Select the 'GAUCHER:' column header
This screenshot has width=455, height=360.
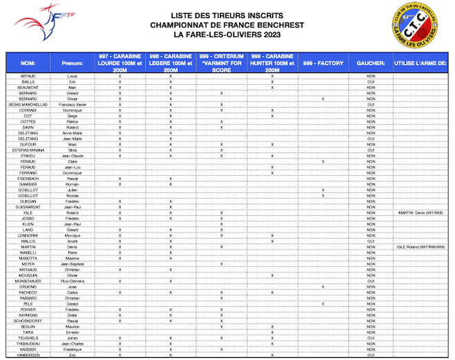[370, 63]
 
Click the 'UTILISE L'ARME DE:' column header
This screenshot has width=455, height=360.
[421, 63]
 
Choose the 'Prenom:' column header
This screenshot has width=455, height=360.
[72, 63]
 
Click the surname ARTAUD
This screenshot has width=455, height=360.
[28, 76]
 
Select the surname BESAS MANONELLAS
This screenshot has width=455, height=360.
[28, 104]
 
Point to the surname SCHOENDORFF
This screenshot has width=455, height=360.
[28, 321]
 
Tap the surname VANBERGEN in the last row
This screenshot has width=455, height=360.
[28, 354]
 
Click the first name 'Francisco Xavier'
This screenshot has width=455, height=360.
[72, 104]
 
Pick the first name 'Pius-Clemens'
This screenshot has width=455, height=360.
[72, 281]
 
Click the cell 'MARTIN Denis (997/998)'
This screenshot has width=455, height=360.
[421, 213]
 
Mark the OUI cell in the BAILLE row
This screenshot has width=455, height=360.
[370, 82]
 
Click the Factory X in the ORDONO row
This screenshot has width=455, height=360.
[323, 287]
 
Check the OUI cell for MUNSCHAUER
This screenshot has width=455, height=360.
[370, 281]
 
